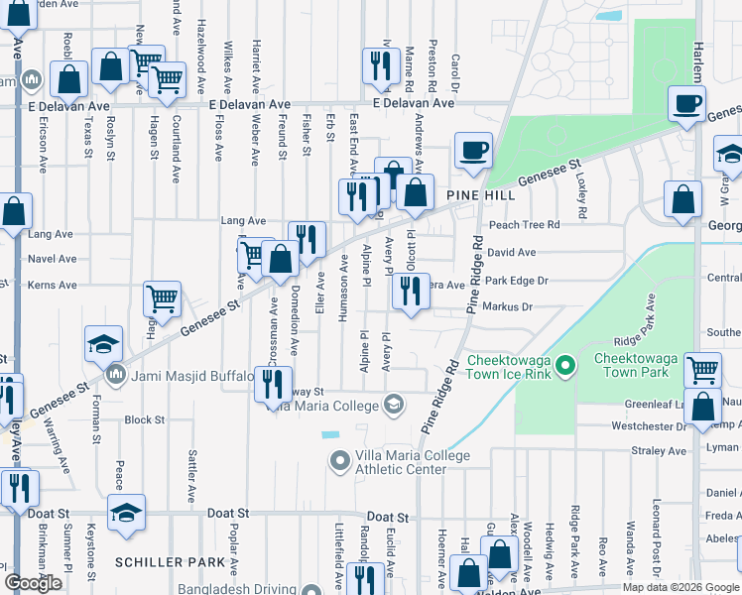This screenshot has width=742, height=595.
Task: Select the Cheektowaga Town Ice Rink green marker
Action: click(x=565, y=367)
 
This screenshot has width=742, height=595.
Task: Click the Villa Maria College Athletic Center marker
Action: click(x=340, y=461)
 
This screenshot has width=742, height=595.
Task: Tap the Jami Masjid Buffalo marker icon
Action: click(x=116, y=376)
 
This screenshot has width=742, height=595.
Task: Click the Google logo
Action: click(x=33, y=583)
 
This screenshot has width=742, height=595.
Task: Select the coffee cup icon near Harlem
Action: click(x=686, y=102)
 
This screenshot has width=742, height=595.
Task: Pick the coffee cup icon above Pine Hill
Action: click(x=473, y=151)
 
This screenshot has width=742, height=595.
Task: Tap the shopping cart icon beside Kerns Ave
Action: click(x=162, y=297)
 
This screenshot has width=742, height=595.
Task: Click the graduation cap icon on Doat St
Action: click(x=126, y=512)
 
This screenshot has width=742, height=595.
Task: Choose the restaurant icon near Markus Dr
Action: click(x=410, y=291)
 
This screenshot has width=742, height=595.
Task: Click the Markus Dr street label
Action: click(x=505, y=307)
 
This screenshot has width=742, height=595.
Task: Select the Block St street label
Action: click(x=144, y=419)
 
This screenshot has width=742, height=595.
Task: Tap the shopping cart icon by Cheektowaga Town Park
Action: click(x=702, y=370)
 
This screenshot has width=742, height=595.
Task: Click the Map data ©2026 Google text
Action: click(x=680, y=587)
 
